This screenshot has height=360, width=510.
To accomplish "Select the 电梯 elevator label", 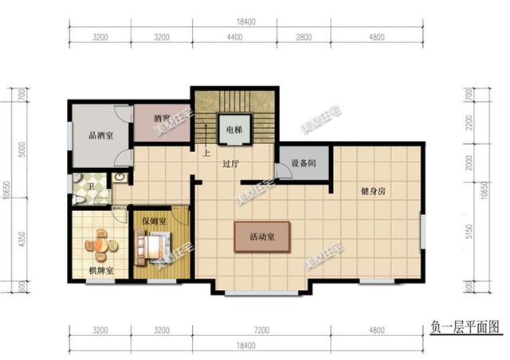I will click(233, 130).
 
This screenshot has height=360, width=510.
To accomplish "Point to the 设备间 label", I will click(304, 163).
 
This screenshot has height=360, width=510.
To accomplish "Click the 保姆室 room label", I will click(153, 221).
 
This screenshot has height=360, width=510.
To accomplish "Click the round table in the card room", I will click(100, 244).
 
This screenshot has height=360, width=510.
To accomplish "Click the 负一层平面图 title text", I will click(462, 326).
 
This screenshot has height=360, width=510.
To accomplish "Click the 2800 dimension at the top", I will click(309, 37).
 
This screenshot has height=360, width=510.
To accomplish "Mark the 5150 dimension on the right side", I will click(470, 233).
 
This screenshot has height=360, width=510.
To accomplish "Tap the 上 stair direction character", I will click(206, 153).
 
